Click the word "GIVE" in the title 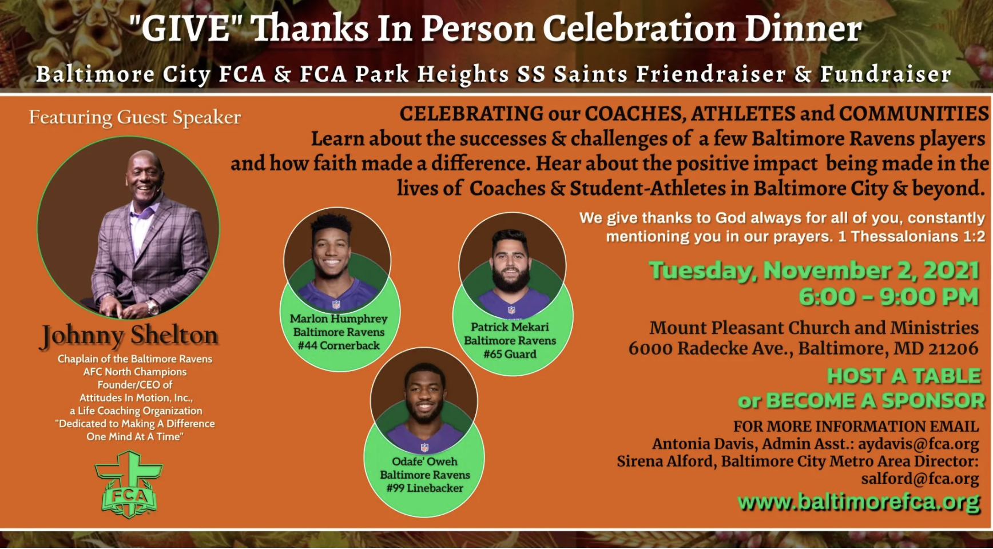click(186, 28)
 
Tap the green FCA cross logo click(129, 484)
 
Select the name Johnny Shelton click(129, 335)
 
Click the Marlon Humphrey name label click(339, 319)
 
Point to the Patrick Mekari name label click(510, 327)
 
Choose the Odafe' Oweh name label click(424, 462)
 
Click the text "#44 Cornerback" click(339, 345)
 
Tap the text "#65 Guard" click(510, 354)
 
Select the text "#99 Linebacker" click(424, 488)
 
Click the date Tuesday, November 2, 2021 click(814, 270)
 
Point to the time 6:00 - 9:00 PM click(889, 297)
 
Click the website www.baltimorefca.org click(859, 503)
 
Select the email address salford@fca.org click(920, 479)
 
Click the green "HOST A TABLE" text click(904, 376)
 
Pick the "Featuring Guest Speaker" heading click(135, 117)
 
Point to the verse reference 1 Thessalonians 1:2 click(911, 236)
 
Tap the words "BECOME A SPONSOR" click(876, 401)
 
